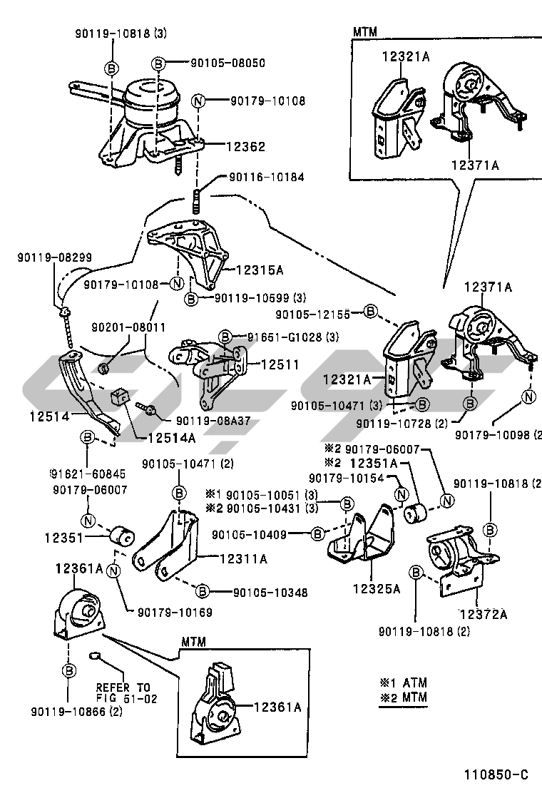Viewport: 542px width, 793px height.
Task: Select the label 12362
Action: click(246, 146)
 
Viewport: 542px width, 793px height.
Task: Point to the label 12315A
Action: click(260, 270)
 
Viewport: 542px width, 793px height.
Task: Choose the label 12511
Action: click(280, 364)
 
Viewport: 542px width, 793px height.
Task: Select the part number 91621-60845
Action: click(88, 472)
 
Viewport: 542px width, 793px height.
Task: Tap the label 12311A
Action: click(243, 560)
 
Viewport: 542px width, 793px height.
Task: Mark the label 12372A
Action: click(483, 613)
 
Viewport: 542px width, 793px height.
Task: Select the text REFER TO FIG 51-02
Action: click(127, 693)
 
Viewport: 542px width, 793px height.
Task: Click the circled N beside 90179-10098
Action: click(528, 396)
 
